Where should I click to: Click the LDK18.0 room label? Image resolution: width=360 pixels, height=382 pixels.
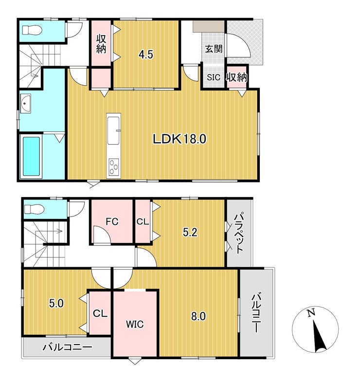point(180,139)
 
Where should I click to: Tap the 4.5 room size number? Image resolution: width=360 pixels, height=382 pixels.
point(145,55)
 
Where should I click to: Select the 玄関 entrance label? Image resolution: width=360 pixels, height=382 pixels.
point(214,49)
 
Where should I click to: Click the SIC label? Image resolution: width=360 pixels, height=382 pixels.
point(214,77)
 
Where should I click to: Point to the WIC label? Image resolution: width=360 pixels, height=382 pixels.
point(135,324)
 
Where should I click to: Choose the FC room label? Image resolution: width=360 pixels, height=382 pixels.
point(112,221)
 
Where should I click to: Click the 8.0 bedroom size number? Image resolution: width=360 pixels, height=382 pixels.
point(198,316)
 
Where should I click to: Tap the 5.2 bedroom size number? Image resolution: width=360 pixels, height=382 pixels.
point(190,233)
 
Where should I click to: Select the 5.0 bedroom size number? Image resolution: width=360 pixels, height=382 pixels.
point(56,304)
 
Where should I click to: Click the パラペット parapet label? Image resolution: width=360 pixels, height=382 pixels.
point(238,234)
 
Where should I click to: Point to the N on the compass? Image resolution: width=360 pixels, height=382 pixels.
point(310,312)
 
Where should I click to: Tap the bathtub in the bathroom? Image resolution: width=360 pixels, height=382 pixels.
point(31,156)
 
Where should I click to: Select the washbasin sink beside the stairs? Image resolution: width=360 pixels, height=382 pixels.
point(25,103)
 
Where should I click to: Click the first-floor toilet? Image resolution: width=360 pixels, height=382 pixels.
point(33,31)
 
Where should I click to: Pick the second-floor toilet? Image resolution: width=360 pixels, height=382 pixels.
point(35,209)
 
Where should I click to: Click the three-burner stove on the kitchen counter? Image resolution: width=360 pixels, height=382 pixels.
point(114,166)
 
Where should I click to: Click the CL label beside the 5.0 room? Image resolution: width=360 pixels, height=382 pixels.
point(100,313)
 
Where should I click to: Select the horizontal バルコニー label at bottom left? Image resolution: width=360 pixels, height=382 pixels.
point(68,347)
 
